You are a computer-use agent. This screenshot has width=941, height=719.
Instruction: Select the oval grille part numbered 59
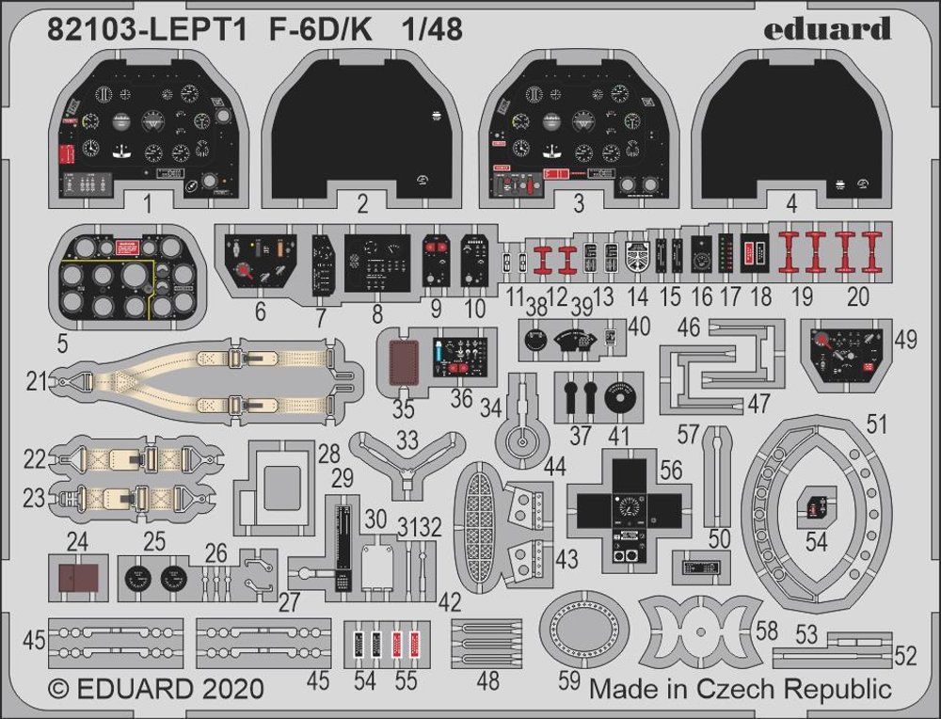pyautogui.click(x=584, y=626)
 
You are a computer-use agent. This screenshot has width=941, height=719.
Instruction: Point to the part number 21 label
pyautogui.click(x=37, y=382)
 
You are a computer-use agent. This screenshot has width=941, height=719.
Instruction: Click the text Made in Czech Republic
pyautogui.click(x=740, y=688)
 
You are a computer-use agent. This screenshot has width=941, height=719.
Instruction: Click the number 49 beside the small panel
pyautogui.click(x=906, y=339)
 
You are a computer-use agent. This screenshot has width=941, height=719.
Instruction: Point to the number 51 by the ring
pyautogui.click(x=877, y=426)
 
